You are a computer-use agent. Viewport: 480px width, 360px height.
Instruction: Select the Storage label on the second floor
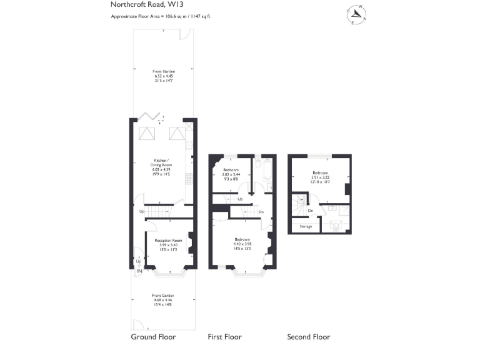click(306, 226)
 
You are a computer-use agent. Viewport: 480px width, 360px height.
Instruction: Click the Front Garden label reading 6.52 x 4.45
click(163, 76)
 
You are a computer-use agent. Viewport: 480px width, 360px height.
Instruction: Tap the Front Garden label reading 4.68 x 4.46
click(163, 299)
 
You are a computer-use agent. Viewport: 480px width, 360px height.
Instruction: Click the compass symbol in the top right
click(357, 14)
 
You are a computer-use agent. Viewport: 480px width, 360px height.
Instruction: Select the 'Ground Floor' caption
click(153, 337)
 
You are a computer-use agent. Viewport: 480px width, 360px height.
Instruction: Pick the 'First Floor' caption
click(224, 337)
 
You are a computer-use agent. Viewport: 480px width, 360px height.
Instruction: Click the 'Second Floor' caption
click(308, 337)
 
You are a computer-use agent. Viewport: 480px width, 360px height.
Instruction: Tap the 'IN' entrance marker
click(139, 271)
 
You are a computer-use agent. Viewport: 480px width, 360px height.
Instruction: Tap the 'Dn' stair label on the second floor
click(311, 211)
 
